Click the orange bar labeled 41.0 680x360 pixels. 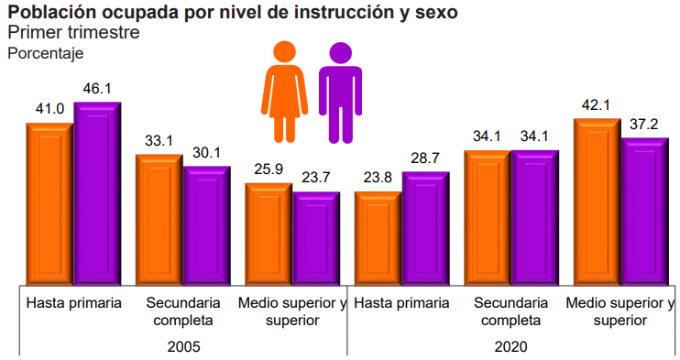click(49, 204)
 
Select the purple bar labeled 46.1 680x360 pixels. click(97, 193)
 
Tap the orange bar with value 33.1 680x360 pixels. click(159, 220)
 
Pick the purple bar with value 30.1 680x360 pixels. click(207, 225)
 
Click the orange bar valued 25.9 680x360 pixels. click(269, 235)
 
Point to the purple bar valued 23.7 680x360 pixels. click(316, 238)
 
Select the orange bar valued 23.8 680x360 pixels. click(378, 238)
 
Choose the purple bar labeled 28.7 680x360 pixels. click(426, 229)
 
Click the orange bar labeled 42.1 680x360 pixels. click(598, 202)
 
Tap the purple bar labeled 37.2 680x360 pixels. click(645, 212)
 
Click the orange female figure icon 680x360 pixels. click(284, 92)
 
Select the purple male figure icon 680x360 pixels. click(340, 93)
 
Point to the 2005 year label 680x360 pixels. click(184, 347)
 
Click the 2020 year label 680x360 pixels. click(510, 347)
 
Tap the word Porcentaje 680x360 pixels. click(46, 53)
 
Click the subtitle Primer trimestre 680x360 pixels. click(73, 32)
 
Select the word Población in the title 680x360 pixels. click(52, 12)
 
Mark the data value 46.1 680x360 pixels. click(97, 89)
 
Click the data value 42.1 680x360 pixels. click(596, 105)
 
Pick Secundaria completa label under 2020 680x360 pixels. click(510, 311)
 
